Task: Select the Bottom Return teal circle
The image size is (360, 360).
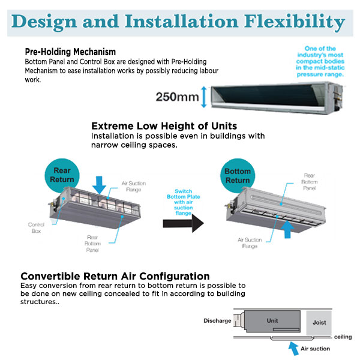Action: (x=238, y=175)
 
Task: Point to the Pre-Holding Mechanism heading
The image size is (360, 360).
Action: (x=70, y=52)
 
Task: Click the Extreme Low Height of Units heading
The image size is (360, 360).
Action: (x=164, y=126)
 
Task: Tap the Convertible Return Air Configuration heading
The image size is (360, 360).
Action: (x=115, y=276)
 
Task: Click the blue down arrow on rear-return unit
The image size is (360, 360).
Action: (x=100, y=184)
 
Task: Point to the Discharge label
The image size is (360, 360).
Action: (x=217, y=321)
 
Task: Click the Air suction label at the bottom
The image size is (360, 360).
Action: (x=316, y=348)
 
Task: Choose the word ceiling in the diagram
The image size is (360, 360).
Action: (x=343, y=337)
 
